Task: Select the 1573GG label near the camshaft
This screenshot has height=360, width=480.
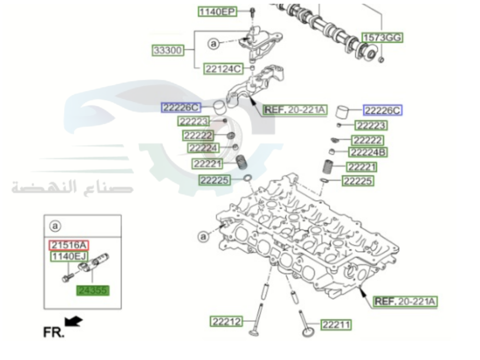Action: [382, 37]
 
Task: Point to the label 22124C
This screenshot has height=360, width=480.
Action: [223, 69]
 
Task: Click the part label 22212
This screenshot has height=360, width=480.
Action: [227, 321]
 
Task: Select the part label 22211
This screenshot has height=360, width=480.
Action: [336, 325]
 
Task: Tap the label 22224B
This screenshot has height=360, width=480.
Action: [368, 153]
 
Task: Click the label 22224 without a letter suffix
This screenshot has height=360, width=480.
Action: [203, 148]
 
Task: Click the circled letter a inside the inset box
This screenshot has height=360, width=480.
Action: [55, 225]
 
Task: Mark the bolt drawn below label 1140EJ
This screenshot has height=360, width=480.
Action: [67, 277]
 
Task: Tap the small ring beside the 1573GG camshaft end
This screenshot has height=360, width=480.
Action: [382, 60]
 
